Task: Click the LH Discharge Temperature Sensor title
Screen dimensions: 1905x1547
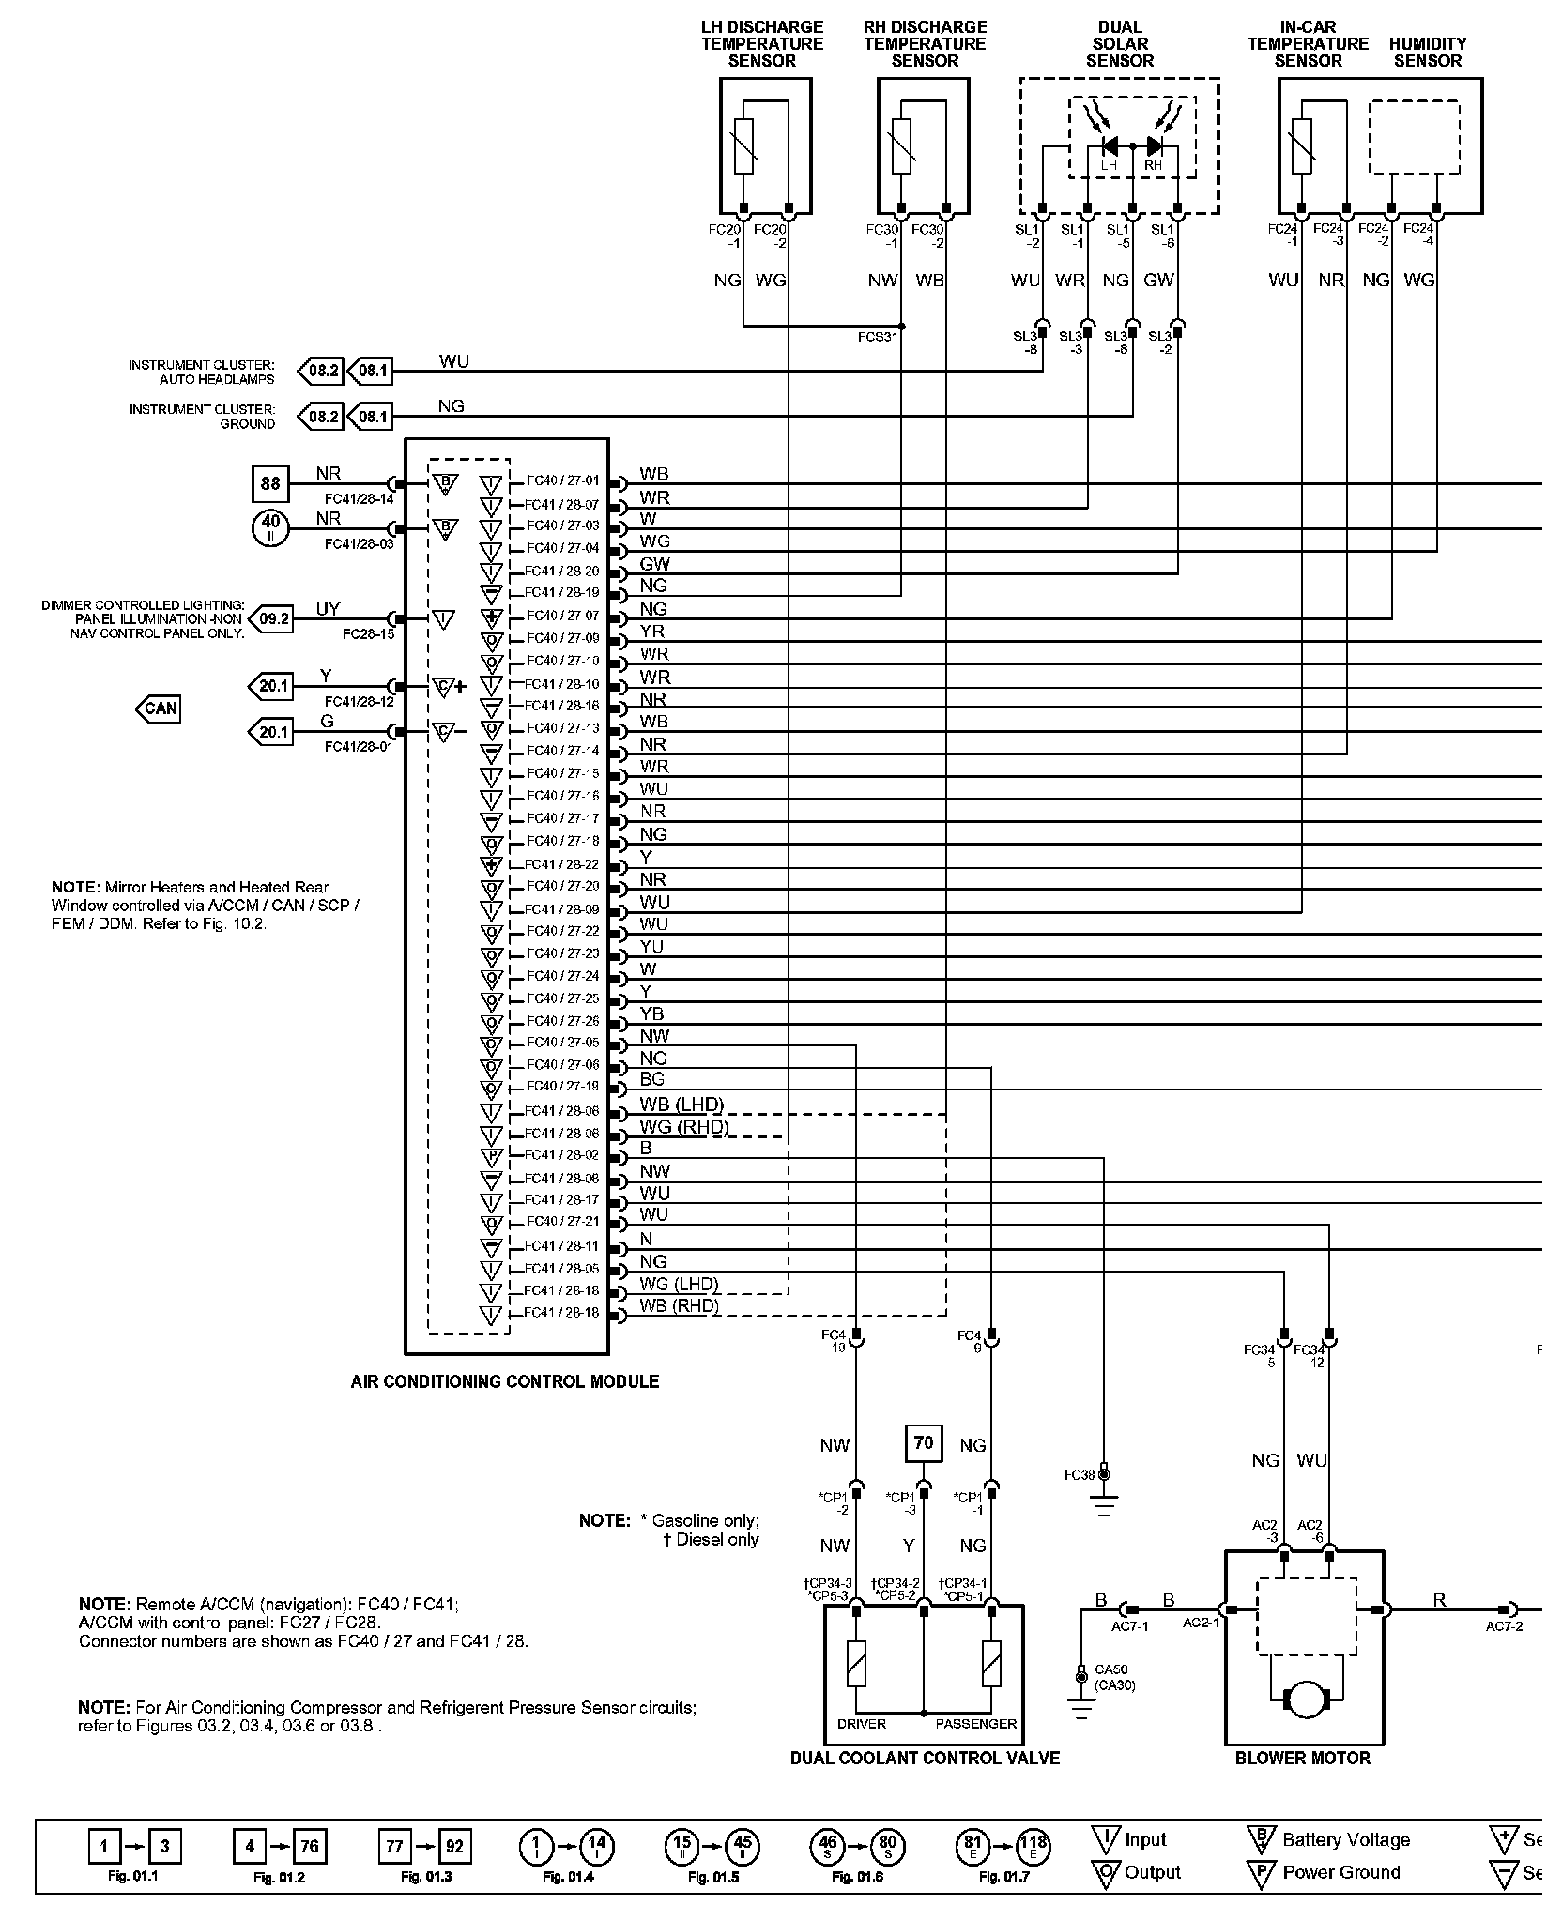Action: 761,44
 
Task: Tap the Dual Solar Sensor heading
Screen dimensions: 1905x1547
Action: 1119,44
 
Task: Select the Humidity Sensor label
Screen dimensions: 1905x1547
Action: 1427,53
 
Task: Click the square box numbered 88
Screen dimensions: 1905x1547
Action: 270,484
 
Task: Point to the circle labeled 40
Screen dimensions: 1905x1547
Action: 270,528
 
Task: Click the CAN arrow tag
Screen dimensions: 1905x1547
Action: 159,709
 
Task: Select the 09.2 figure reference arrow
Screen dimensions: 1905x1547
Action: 273,618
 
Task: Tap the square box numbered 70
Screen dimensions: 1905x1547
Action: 924,1443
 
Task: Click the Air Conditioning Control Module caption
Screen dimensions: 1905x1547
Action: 504,1381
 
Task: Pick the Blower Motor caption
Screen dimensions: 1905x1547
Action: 1302,1758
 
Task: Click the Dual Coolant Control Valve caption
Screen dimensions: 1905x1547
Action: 925,1758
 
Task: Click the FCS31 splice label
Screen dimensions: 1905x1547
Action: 879,336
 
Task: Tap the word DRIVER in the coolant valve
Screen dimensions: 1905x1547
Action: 861,1724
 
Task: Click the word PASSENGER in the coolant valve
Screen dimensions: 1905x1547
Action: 975,1724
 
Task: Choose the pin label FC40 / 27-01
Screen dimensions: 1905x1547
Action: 562,480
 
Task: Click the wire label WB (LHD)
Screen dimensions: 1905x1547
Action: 682,1105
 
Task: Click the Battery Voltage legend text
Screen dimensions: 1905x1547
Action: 1345,1839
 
